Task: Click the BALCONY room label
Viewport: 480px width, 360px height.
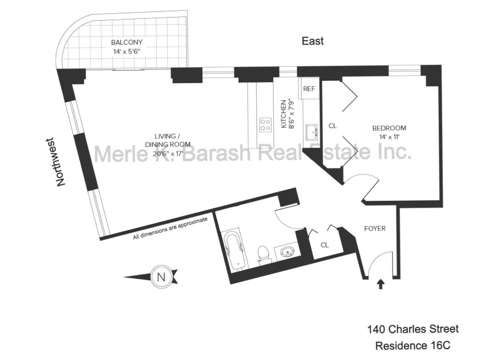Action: click(127, 42)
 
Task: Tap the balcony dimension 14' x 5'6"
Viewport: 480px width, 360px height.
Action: click(127, 51)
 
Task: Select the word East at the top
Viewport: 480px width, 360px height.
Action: click(312, 41)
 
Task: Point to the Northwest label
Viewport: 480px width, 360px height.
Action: click(60, 162)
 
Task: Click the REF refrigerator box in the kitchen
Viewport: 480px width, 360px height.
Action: click(310, 89)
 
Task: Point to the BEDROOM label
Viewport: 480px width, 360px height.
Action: click(389, 128)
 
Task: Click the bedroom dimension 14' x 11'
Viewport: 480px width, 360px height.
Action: click(389, 136)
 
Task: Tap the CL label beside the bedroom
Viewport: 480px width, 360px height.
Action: click(332, 126)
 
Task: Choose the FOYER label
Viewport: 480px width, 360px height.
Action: click(375, 229)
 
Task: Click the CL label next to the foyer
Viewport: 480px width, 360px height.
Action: click(325, 245)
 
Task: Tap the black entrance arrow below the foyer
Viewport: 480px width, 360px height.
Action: click(381, 284)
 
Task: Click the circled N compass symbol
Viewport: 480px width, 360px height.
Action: click(161, 277)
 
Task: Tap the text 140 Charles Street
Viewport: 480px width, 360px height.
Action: click(413, 330)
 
